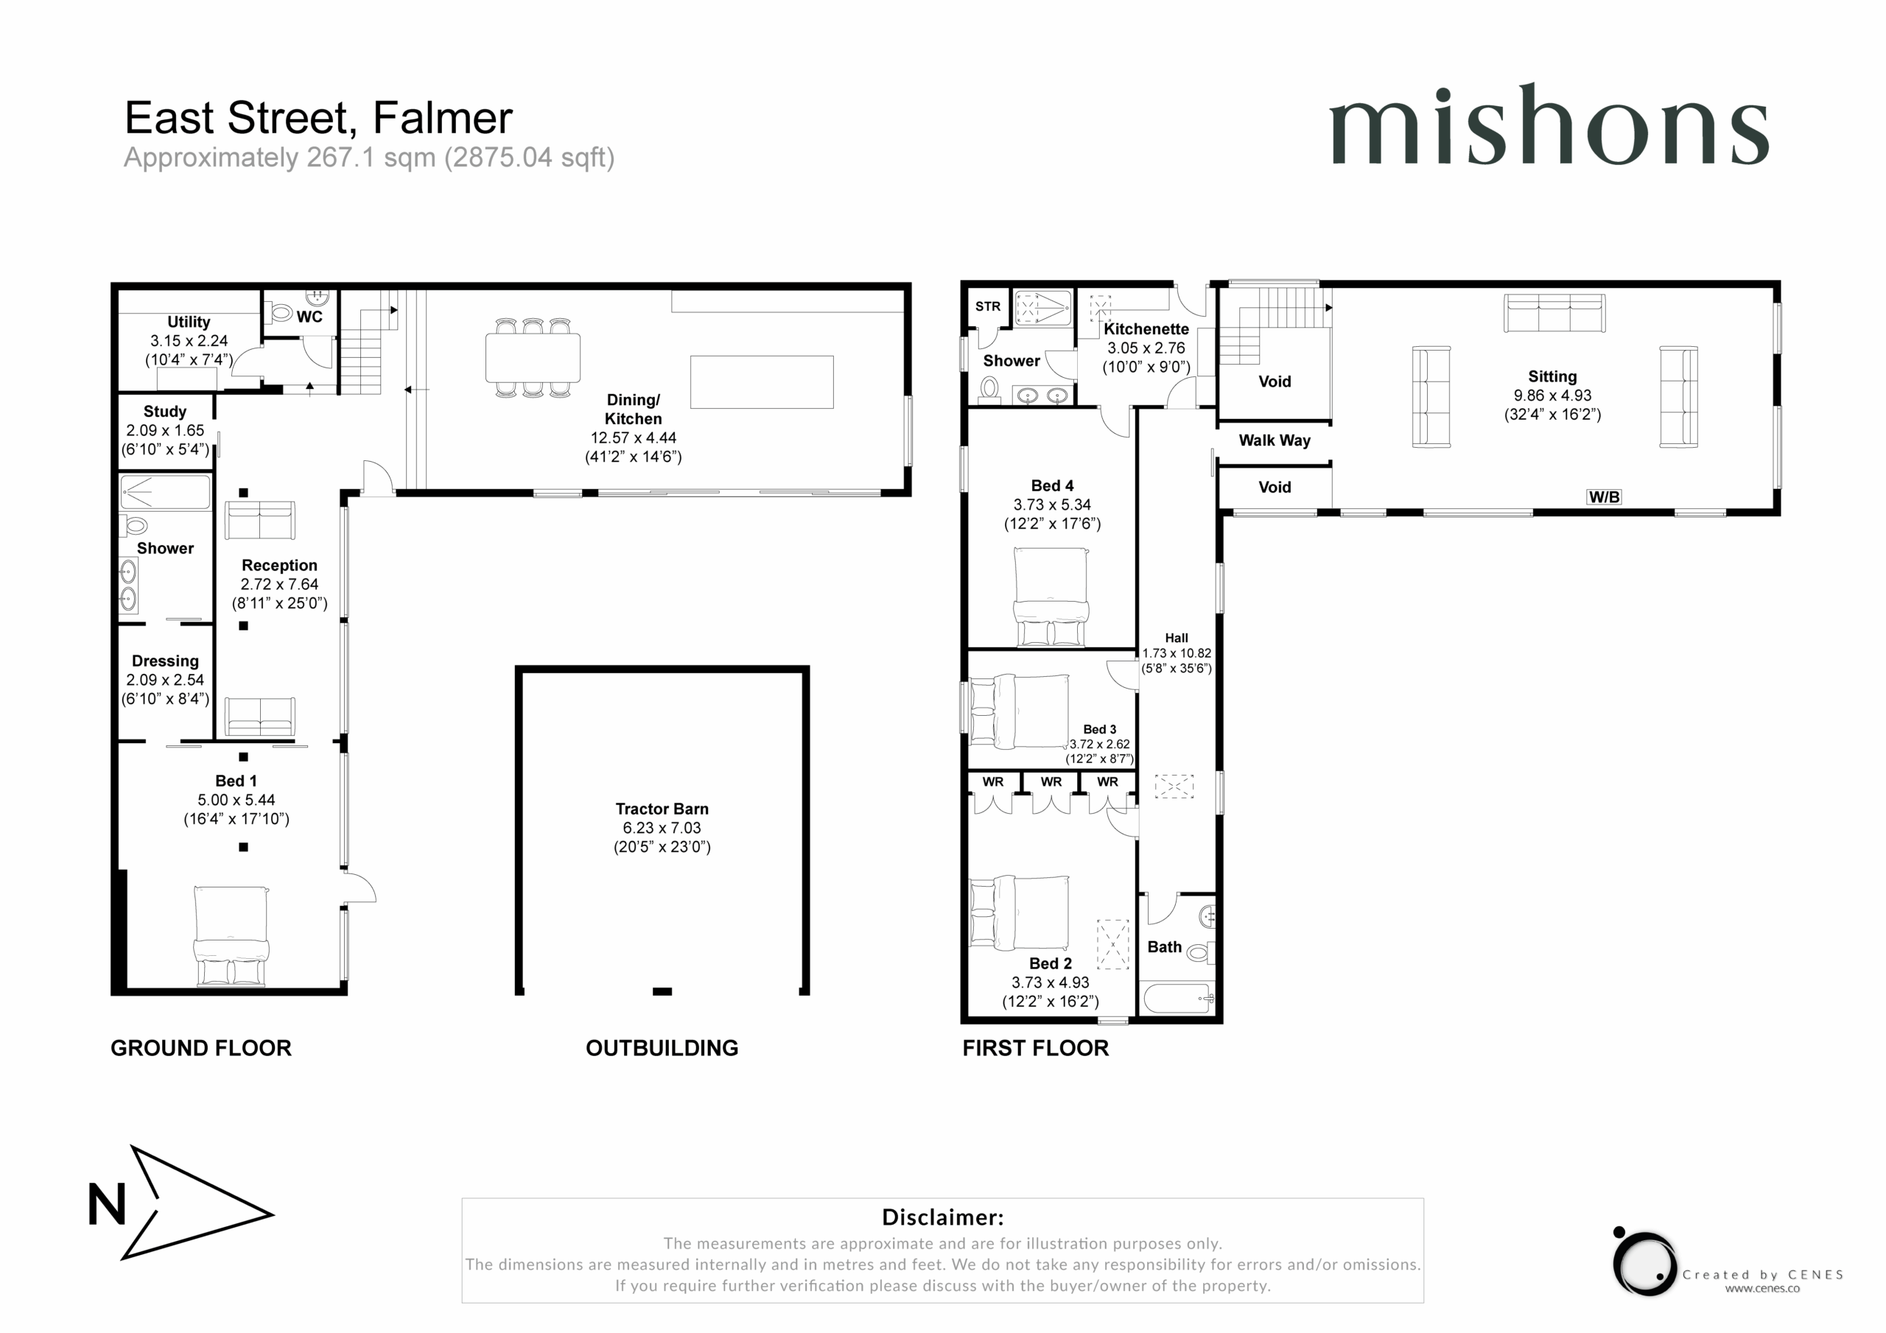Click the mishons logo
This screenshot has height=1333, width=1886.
[x=1549, y=125]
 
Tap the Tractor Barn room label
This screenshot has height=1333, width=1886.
[x=662, y=809]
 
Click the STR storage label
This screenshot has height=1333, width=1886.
[x=987, y=306]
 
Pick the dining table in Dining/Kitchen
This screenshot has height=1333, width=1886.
[x=533, y=358]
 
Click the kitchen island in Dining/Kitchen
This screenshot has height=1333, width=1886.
[x=762, y=382]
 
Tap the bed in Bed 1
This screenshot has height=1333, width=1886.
[x=231, y=935]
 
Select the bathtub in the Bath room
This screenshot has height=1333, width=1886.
[x=1177, y=999]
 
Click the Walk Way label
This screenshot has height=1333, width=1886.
[x=1274, y=440]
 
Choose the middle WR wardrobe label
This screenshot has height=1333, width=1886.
[x=1051, y=782]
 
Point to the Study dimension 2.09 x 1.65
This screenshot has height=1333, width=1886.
[x=165, y=430]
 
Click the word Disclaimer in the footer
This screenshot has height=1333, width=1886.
[x=942, y=1217]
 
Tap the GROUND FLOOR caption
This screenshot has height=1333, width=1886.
[x=201, y=1048]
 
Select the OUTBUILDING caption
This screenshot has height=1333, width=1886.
[x=662, y=1048]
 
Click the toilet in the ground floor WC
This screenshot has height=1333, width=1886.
[x=281, y=312]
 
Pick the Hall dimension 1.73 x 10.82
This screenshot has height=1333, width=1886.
[x=1177, y=653]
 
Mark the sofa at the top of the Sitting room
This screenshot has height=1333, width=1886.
[x=1554, y=313]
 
